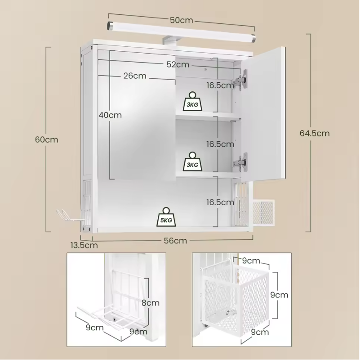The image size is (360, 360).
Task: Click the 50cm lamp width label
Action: (x=182, y=20)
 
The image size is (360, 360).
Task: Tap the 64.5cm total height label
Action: (x=315, y=133)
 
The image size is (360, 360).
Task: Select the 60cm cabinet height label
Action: (x=47, y=139)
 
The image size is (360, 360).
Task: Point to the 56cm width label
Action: (x=175, y=241)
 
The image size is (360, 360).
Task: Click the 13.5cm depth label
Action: (x=84, y=245)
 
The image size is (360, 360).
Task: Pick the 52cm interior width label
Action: (x=178, y=65)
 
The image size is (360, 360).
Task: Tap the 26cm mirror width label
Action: (x=135, y=76)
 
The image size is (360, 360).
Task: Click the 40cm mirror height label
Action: (x=110, y=115)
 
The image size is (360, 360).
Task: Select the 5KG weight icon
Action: (x=166, y=217)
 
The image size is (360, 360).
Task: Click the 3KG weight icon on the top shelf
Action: (x=192, y=101)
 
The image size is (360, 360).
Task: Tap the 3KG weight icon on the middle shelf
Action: (x=192, y=162)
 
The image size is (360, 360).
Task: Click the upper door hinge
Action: (x=241, y=80)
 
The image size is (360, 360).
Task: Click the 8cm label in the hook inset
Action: (x=151, y=303)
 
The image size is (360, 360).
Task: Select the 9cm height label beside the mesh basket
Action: (x=279, y=295)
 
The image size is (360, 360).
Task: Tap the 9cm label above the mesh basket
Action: (x=251, y=261)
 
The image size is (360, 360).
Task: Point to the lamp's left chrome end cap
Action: (x=110, y=26)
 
